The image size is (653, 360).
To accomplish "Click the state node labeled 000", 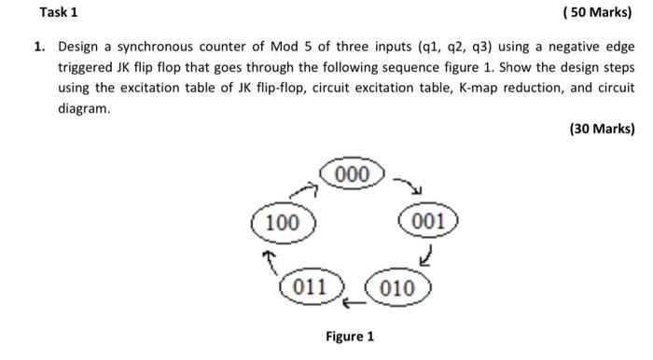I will tap(353, 174).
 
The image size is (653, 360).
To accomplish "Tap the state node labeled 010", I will tap(398, 286).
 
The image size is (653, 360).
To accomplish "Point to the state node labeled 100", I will tap(283, 223).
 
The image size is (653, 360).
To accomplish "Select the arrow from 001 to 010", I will tap(426, 253).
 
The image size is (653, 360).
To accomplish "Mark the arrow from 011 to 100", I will tap(270, 256).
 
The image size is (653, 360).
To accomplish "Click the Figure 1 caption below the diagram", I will tap(350, 336).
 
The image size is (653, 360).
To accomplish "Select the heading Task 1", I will tap(59, 12).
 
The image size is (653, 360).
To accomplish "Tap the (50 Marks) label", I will tap(600, 12).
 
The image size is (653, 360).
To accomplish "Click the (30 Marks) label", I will tap(601, 130).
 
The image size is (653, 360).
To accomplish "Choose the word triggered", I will tap(88, 67).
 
